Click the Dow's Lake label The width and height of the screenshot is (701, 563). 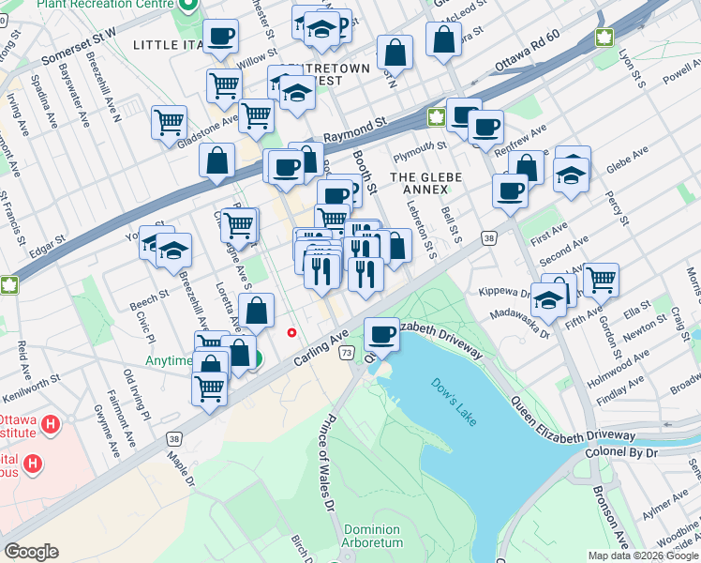pyautogui.click(x=454, y=400)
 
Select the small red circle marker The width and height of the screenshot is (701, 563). pyautogui.click(x=292, y=332)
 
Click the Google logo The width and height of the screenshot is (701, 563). pyautogui.click(x=31, y=552)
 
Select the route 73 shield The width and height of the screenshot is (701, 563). pyautogui.click(x=347, y=353)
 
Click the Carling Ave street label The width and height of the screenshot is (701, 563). pyautogui.click(x=321, y=348)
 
